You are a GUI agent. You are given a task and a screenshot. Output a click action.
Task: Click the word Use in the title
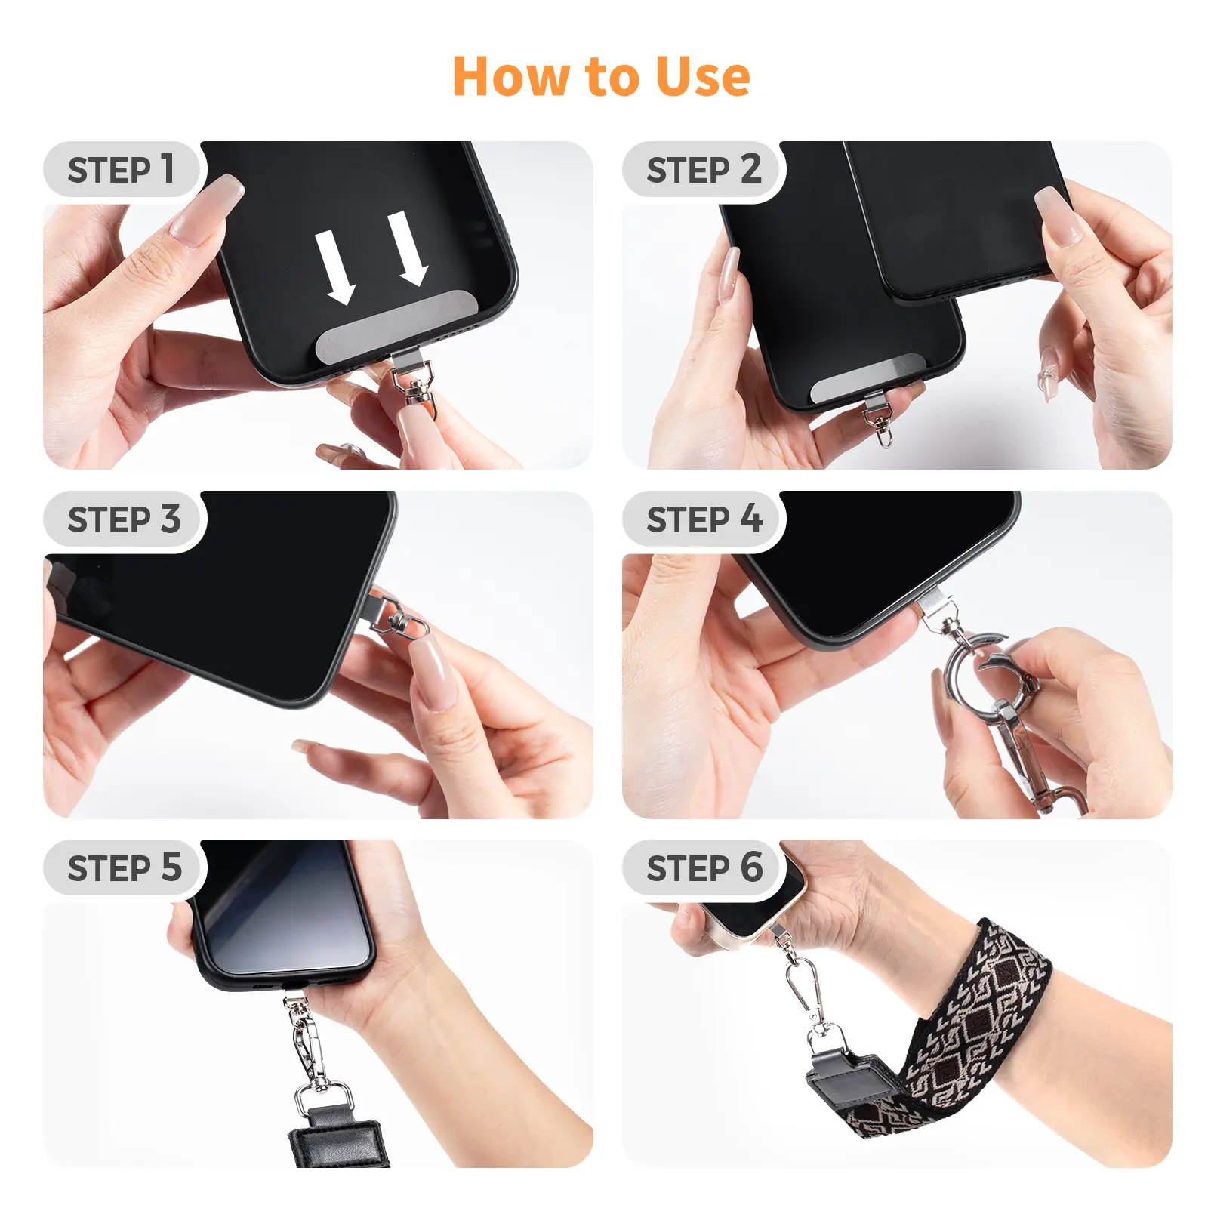pyautogui.click(x=703, y=77)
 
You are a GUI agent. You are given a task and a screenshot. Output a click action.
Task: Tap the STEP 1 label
pyautogui.click(x=121, y=169)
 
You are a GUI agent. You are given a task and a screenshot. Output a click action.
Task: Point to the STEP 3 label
pyautogui.click(x=124, y=519)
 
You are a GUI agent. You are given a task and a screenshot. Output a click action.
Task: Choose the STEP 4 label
pyautogui.click(x=704, y=519)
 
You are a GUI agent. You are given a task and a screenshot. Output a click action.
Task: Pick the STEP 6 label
pyautogui.click(x=704, y=867)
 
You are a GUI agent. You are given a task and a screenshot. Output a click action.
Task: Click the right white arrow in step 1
pyautogui.click(x=408, y=248)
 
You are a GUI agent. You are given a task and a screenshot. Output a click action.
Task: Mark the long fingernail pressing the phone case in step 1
pyautogui.click(x=205, y=210)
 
